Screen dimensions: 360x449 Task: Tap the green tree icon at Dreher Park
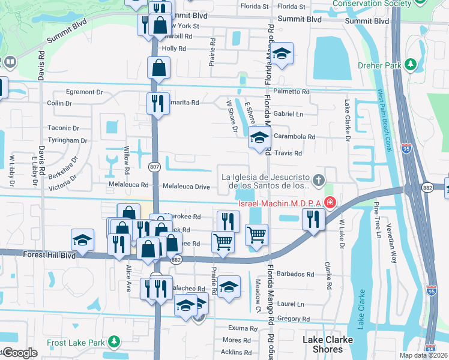pyautogui.click(x=411, y=64)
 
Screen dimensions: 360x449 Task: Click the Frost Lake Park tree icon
pyautogui.click(x=113, y=342)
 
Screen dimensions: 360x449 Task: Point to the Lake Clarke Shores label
pyautogui.click(x=328, y=344)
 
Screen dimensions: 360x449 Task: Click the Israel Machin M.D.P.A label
pyautogui.click(x=280, y=203)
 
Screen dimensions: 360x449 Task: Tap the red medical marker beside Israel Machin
pyautogui.click(x=329, y=203)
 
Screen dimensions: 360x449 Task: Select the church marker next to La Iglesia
pyautogui.click(x=319, y=178)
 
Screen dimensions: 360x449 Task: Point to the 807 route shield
pyautogui.click(x=154, y=166)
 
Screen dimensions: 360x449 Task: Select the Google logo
pyautogui.click(x=20, y=352)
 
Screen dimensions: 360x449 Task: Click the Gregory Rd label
pyautogui.click(x=294, y=320)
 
